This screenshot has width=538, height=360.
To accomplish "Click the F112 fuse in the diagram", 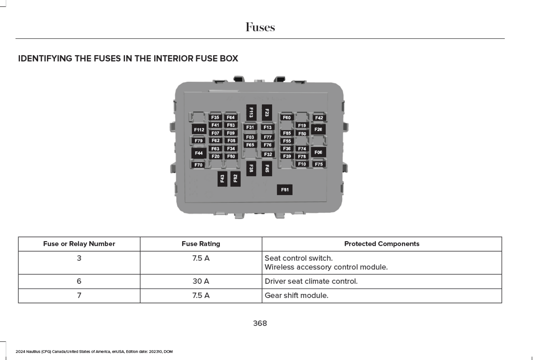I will pyautogui.click(x=199, y=129).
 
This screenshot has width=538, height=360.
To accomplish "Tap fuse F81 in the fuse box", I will pyautogui.click(x=284, y=190).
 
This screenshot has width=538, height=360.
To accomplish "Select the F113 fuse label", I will pyautogui.click(x=251, y=113).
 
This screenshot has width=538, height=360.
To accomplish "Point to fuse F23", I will pyautogui.click(x=267, y=113).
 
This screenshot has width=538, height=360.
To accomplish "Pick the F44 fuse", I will pyautogui.click(x=199, y=153).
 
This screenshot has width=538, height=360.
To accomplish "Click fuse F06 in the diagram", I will pyautogui.click(x=318, y=152).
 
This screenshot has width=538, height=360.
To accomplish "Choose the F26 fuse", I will pyautogui.click(x=318, y=129).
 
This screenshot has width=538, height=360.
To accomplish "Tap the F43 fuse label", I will pyautogui.click(x=222, y=179).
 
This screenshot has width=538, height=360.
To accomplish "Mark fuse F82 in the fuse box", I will pyautogui.click(x=235, y=179).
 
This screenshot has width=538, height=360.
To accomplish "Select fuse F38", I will pyautogui.click(x=251, y=168).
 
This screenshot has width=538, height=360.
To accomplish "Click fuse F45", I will pyautogui.click(x=267, y=168).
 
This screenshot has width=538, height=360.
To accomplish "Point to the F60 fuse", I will pyautogui.click(x=287, y=118).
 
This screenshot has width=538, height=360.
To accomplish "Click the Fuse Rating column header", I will pyautogui.click(x=201, y=244).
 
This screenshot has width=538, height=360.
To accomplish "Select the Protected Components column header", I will pyautogui.click(x=382, y=244).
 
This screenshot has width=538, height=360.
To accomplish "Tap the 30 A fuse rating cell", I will pyautogui.click(x=201, y=281).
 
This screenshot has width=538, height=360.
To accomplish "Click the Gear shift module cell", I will pyautogui.click(x=296, y=296).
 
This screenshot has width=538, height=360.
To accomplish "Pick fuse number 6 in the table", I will pyautogui.click(x=79, y=281).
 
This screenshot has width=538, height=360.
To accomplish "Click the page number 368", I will pyautogui.click(x=260, y=323).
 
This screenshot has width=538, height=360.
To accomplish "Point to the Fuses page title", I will pyautogui.click(x=260, y=27).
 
